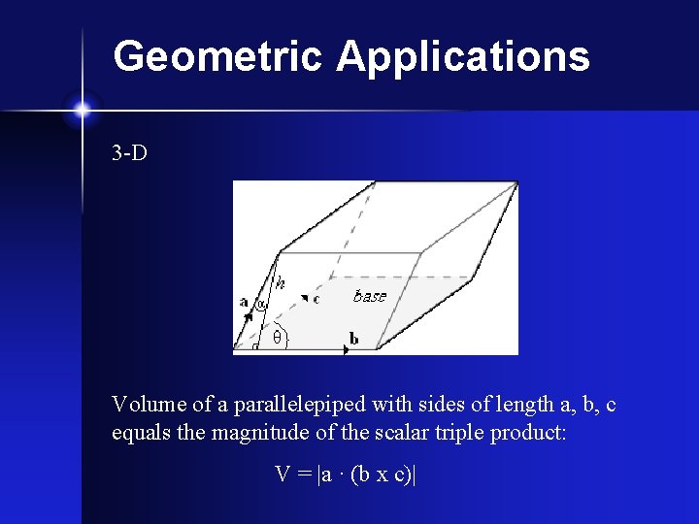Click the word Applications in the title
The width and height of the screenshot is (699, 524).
point(463,56)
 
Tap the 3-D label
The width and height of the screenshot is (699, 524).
point(130,153)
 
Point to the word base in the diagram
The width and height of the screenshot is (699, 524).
point(369,296)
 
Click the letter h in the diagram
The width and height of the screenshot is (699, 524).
point(280,283)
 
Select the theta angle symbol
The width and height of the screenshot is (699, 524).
point(277,337)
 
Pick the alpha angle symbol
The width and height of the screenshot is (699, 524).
point(261,304)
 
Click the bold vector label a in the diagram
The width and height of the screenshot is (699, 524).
point(244,302)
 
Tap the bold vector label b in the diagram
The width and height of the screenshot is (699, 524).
point(353,339)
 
